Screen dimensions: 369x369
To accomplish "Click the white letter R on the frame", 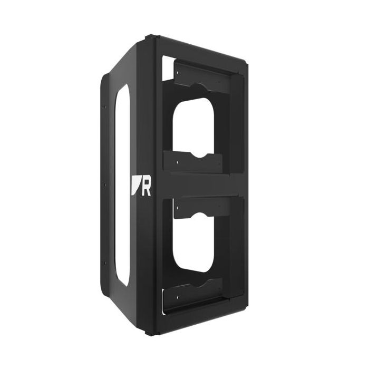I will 146,188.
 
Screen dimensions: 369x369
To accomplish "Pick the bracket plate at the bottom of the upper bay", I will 195,162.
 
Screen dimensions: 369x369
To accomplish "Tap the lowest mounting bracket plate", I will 195,293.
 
